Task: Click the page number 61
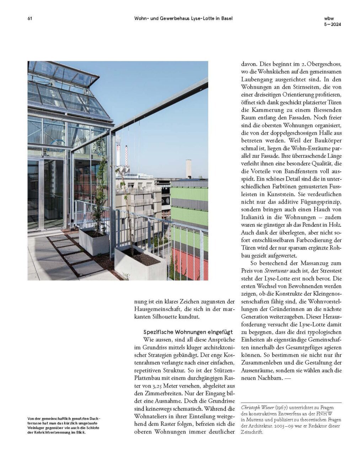[30, 18]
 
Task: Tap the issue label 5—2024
[332, 25]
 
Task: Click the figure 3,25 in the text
[161, 386]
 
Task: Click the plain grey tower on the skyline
[188, 169]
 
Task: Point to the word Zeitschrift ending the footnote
[252, 432]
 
